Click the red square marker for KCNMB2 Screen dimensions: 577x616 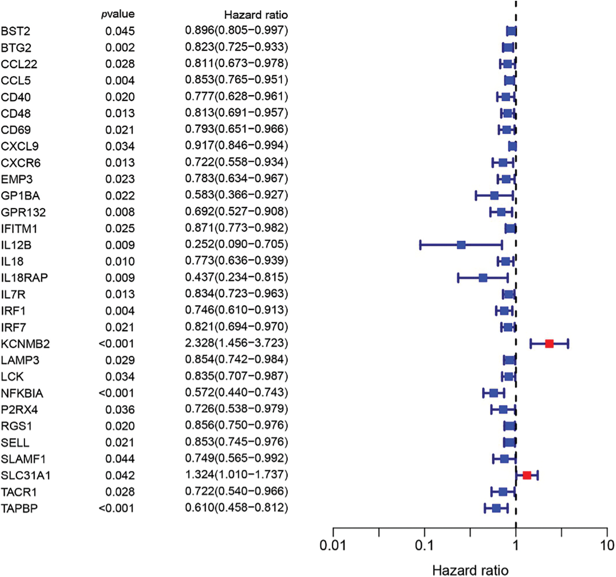tap(549, 344)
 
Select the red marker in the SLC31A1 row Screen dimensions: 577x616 tap(527, 475)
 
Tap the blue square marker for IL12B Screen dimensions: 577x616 tap(461, 245)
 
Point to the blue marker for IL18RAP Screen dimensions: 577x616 tap(483, 278)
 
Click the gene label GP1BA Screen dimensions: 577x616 tap(20, 196)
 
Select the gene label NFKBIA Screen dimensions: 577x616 tap(22, 393)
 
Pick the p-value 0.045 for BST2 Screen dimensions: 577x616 tap(120, 31)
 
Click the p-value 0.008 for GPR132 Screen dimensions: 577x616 tap(120, 212)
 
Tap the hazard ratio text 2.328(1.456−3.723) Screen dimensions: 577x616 tap(236, 343)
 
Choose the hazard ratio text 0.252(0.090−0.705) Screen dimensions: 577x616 tap(236, 244)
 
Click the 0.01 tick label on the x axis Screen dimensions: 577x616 tap(333, 545)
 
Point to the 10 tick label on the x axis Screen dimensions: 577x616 tap(607, 545)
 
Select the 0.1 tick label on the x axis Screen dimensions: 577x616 tap(424, 545)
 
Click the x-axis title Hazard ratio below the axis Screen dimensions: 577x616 tap(470, 570)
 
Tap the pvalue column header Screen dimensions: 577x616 tap(118, 14)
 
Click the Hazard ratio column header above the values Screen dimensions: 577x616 tap(256, 15)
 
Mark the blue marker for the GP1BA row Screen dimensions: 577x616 tap(494, 196)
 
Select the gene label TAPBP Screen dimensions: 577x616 tap(19, 508)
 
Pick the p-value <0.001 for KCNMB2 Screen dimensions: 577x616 tap(116, 344)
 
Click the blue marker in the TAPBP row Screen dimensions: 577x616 tap(496, 508)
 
